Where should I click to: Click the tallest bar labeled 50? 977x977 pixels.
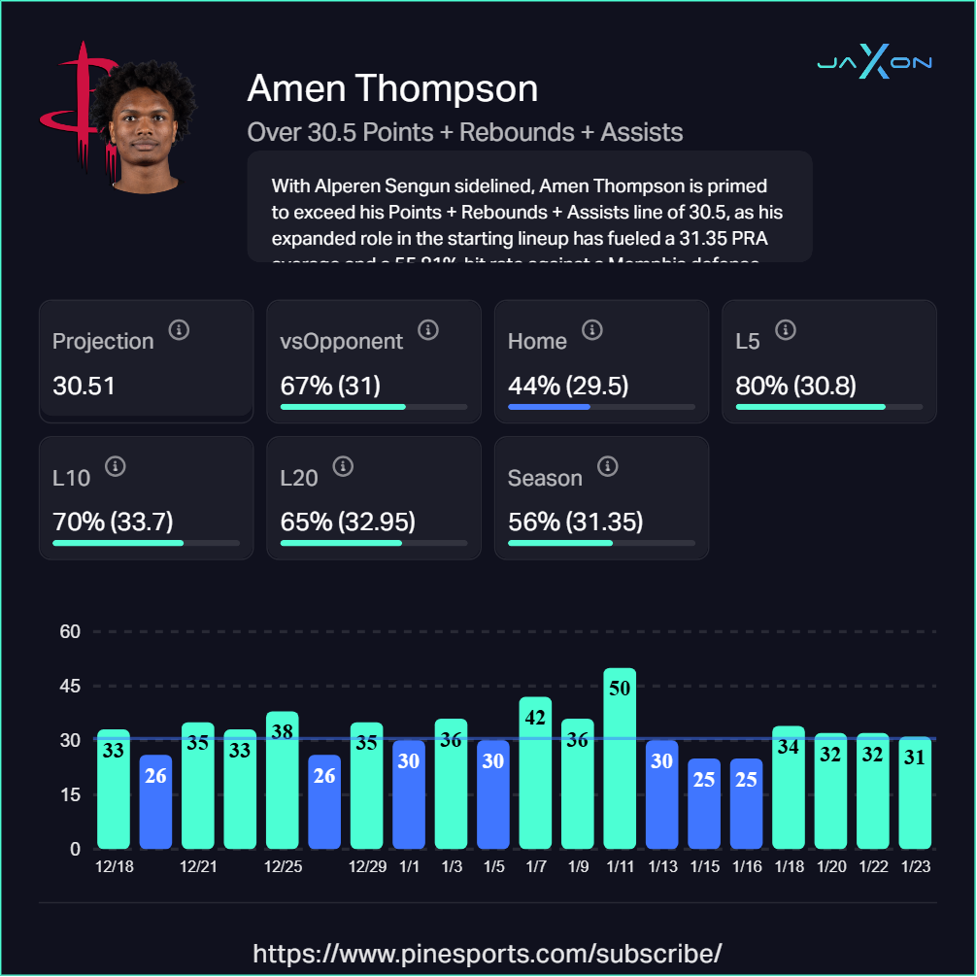(620, 758)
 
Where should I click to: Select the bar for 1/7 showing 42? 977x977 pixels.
(535, 772)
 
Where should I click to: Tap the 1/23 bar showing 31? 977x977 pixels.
(915, 792)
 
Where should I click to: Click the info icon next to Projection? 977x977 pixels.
(179, 330)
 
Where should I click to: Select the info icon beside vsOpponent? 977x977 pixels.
(428, 330)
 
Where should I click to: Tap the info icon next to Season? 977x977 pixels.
(608, 467)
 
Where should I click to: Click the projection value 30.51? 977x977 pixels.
(84, 386)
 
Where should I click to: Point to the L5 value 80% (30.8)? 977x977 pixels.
(796, 386)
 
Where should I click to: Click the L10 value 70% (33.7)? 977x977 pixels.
(113, 522)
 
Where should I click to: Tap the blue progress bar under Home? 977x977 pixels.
(550, 406)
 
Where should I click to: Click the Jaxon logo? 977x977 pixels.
(874, 63)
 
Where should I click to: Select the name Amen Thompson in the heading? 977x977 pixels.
(392, 88)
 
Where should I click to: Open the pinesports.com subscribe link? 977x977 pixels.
(488, 952)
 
